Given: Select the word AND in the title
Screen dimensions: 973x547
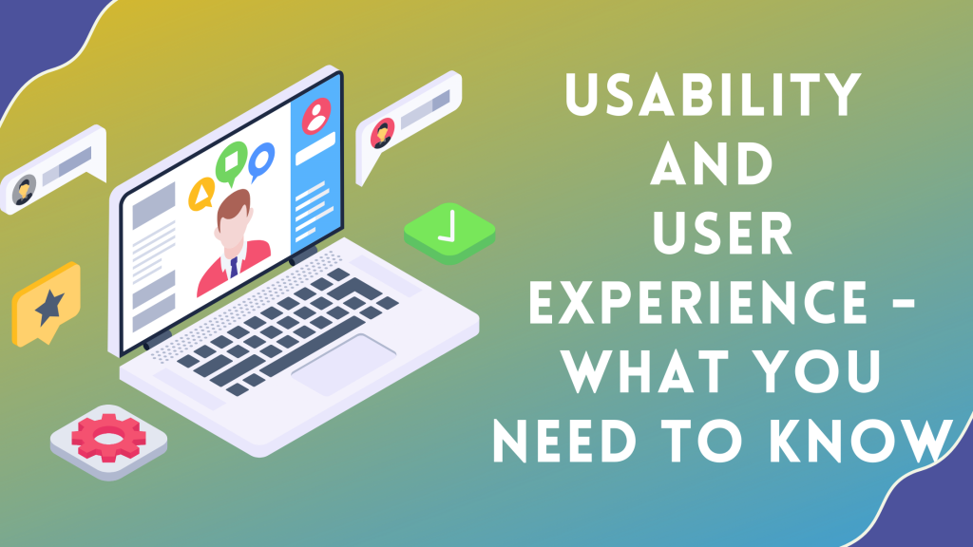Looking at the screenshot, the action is pos(711,163).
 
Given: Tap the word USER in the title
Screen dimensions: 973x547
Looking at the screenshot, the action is pos(723,233).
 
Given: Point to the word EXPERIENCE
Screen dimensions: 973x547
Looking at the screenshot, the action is pos(697,302).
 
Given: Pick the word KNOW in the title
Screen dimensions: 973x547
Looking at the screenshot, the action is pos(861,441).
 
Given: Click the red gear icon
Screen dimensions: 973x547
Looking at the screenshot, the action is pos(108,439).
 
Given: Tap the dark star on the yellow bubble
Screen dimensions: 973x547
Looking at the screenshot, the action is pos(49,307).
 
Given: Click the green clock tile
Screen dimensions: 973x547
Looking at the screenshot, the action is pos(449,233).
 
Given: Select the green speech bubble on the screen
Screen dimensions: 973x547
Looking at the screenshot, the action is pos(232,162).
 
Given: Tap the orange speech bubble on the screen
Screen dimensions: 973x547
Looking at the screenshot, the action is pos(201,194).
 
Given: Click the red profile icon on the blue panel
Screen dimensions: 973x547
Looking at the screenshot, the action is pos(316,115).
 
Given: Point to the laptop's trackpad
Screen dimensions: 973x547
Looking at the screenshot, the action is pos(343,364).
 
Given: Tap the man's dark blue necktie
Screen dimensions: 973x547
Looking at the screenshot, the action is pos(234,267).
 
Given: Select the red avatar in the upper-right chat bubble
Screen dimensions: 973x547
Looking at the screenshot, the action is pos(382,133).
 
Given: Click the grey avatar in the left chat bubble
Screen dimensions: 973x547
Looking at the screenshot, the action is pos(24,190).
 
